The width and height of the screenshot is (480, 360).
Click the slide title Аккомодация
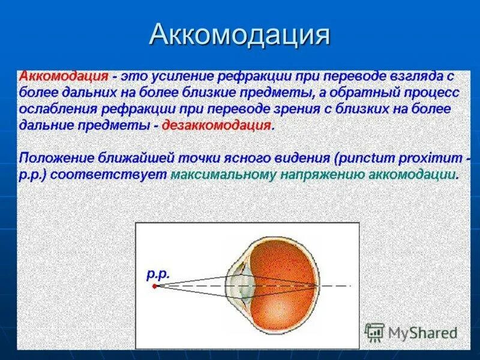click(239, 34)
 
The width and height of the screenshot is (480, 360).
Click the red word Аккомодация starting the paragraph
click(64, 76)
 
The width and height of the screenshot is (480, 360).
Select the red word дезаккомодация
click(217, 125)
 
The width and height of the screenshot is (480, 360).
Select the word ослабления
click(58, 109)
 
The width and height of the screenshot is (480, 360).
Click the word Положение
click(56, 158)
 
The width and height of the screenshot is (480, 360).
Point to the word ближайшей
click(136, 158)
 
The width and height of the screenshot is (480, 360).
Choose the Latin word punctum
click(366, 159)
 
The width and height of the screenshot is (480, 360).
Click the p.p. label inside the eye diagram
click(158, 274)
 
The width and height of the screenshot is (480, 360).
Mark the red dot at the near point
click(155, 286)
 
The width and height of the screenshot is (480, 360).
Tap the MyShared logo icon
click(374, 332)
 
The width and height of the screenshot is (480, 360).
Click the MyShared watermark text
click(423, 334)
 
